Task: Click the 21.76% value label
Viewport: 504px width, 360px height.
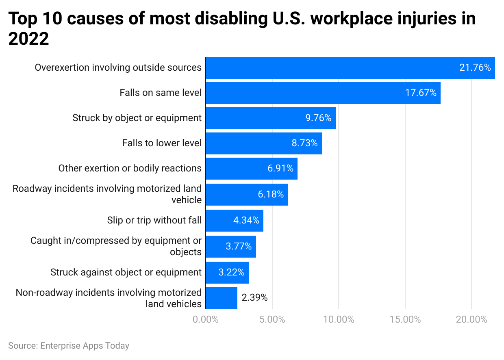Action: pyautogui.click(x=475, y=68)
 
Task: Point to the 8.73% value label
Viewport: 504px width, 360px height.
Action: pyautogui.click(x=304, y=143)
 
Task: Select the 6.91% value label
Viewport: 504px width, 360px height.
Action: pyautogui.click(x=280, y=169)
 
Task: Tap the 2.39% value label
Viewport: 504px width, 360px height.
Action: pyautogui.click(x=254, y=298)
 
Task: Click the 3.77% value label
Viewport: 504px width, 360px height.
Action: pyautogui.click(x=239, y=246)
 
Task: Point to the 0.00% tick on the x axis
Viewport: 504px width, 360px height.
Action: pyautogui.click(x=206, y=320)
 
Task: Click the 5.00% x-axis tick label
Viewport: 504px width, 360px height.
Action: pyautogui.click(x=272, y=320)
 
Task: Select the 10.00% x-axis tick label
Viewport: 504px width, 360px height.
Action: pyautogui.click(x=338, y=320)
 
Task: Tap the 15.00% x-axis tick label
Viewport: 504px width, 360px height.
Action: pyautogui.click(x=405, y=320)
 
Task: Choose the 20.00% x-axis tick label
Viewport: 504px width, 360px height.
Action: pyautogui.click(x=471, y=320)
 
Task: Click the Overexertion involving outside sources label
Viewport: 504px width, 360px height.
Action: pyautogui.click(x=118, y=67)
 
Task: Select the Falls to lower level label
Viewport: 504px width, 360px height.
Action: pyautogui.click(x=162, y=143)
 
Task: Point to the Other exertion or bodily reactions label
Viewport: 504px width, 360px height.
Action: pyautogui.click(x=130, y=168)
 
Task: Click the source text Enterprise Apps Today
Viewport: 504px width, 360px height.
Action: pyautogui.click(x=85, y=346)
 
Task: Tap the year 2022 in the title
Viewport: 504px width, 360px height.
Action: pyautogui.click(x=28, y=39)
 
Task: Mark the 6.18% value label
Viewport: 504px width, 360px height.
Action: pyautogui.click(x=270, y=195)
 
